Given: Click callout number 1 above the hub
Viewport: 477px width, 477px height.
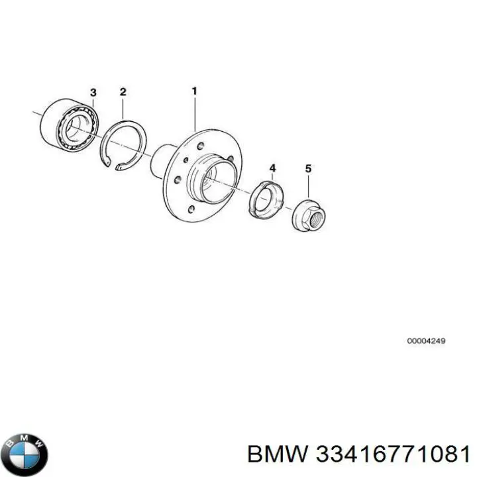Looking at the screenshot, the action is [194, 91].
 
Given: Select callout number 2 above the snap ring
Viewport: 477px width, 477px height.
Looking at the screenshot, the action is [123, 92].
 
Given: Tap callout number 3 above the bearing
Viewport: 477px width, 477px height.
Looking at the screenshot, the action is [93, 93].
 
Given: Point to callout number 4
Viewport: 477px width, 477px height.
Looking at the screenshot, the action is [272, 168].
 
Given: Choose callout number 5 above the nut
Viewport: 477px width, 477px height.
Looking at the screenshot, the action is [309, 168].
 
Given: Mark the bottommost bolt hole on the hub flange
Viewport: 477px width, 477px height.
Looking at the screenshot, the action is [191, 209].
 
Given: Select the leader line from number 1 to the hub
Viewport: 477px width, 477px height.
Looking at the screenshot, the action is [195, 113].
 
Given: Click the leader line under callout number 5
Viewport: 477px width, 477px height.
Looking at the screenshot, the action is [309, 186].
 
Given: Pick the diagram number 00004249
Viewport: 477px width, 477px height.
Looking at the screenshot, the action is [426, 341].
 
